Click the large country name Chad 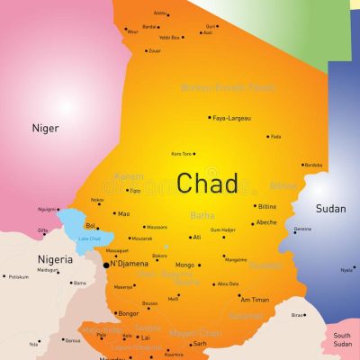(207, 184)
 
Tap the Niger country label (45, 128)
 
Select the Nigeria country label (55, 260)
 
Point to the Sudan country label (330, 209)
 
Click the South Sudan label (341, 338)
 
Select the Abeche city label (266, 222)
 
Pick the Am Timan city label (255, 300)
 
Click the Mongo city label (184, 265)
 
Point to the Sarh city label (200, 343)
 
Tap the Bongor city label (130, 314)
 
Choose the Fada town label (276, 137)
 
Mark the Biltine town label (267, 206)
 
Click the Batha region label (202, 215)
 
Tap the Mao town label (124, 214)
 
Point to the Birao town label (297, 316)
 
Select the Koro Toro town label (183, 154)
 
